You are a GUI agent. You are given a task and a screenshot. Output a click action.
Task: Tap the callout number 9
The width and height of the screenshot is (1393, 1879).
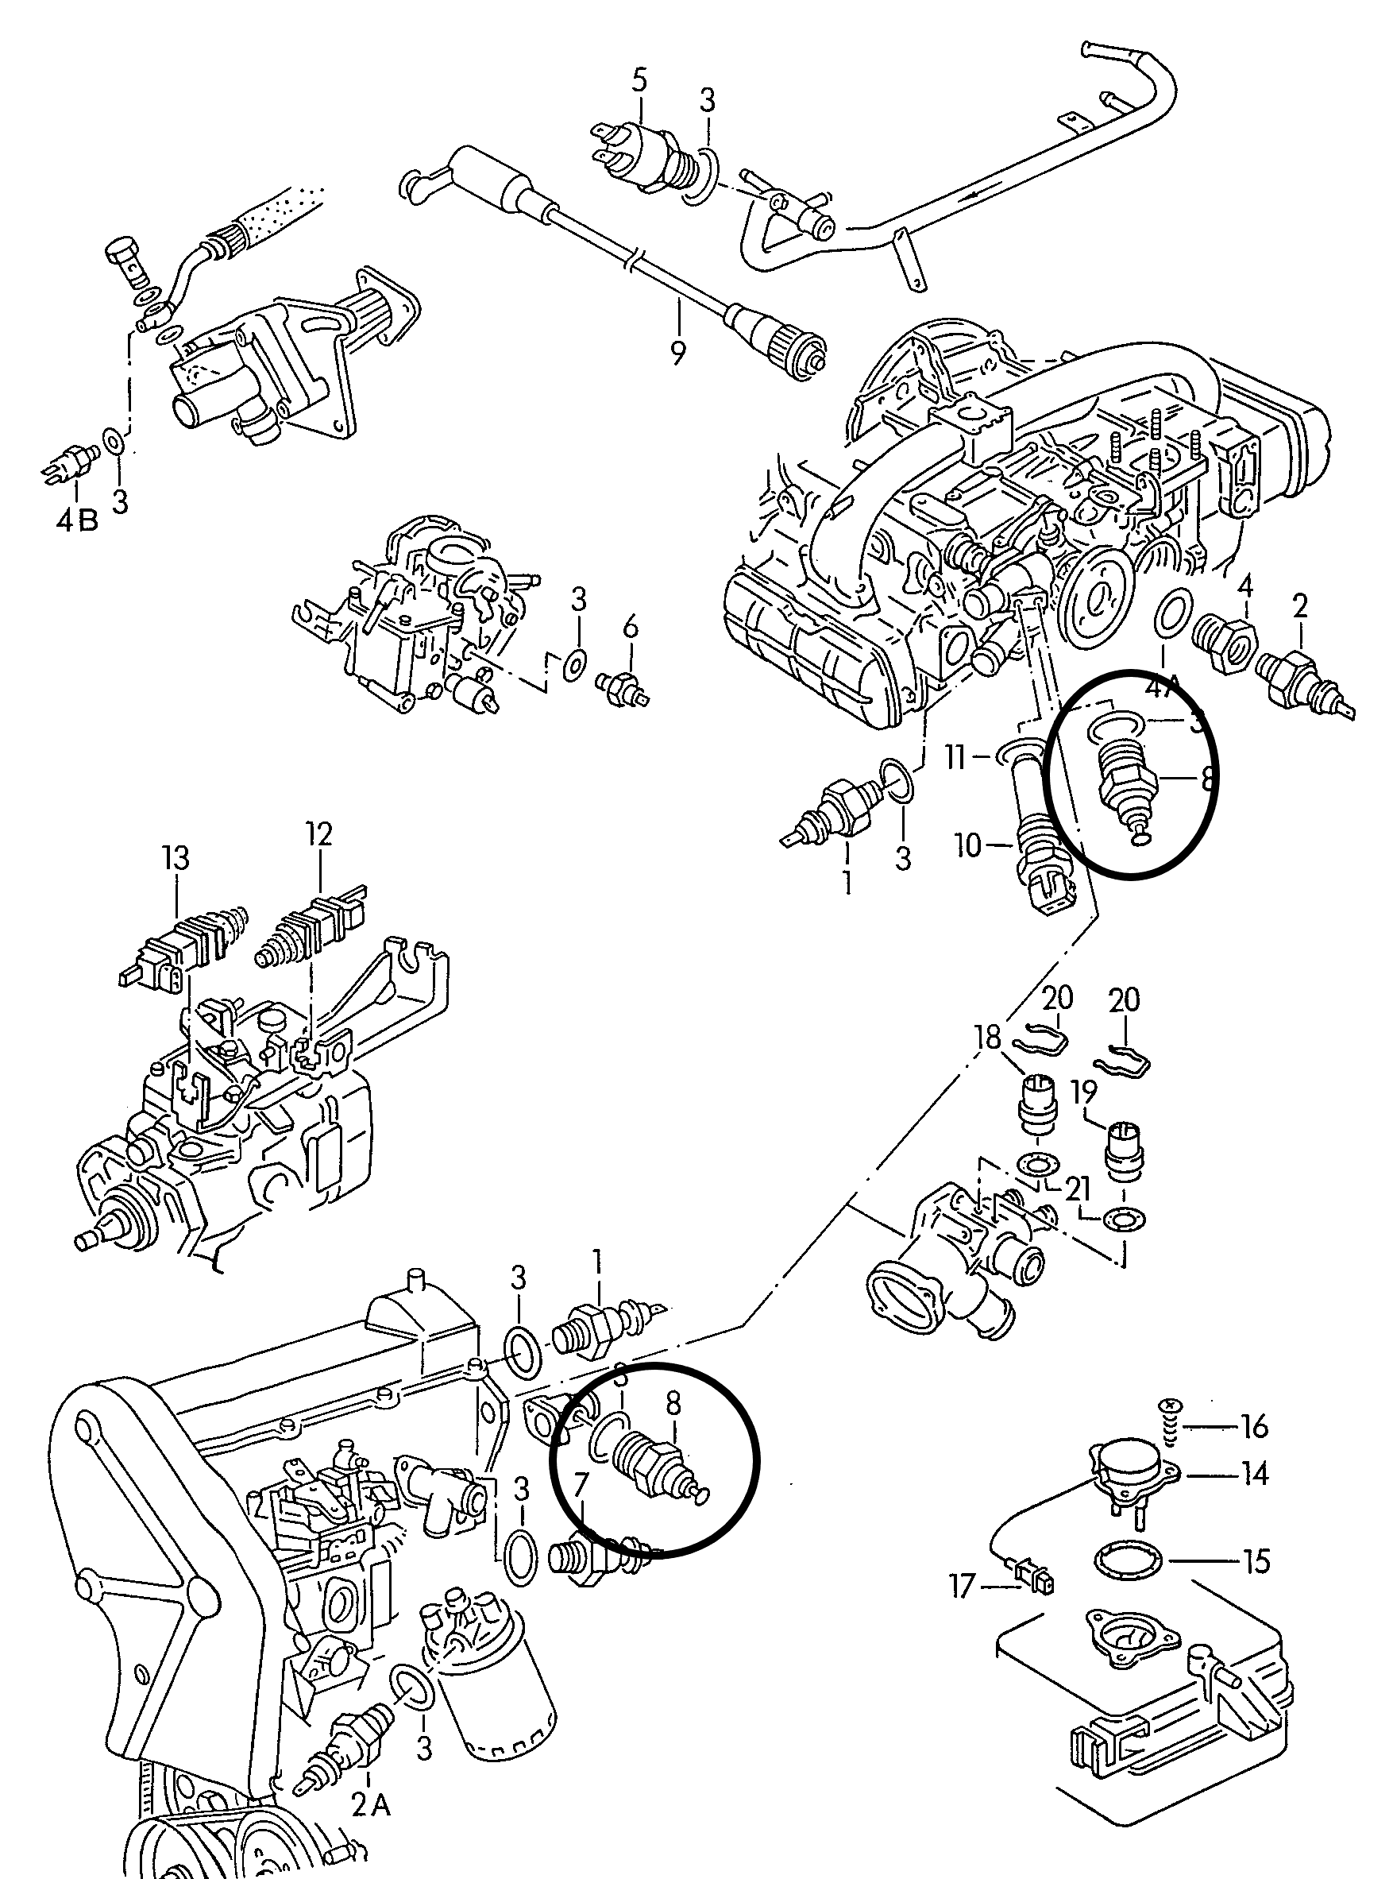tap(678, 352)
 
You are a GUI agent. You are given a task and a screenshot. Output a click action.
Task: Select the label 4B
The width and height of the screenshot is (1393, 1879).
tap(77, 520)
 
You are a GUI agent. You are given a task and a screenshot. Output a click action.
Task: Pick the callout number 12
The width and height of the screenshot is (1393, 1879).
tap(319, 834)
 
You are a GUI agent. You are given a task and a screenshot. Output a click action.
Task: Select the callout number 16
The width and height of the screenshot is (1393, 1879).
tap(1255, 1427)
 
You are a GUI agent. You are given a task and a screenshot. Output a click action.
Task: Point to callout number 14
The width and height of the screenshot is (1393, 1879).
tap(1255, 1473)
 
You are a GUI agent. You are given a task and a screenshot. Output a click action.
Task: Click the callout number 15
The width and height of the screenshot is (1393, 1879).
tap(1256, 1562)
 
